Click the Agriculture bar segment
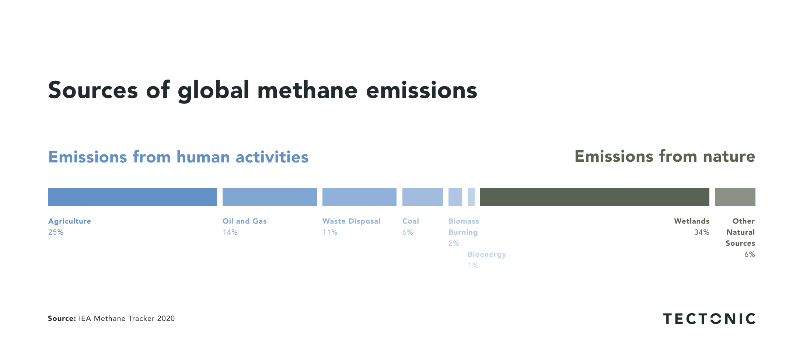[132, 197]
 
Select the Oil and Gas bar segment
[269, 197]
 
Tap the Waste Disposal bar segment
[359, 197]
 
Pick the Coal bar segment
[422, 197]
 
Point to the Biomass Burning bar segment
[455, 197]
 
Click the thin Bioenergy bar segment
[471, 197]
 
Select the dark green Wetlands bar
[594, 197]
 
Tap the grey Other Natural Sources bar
[735, 197]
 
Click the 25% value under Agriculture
[56, 232]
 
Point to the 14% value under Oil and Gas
[230, 232]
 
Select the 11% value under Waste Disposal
[330, 232]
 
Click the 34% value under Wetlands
[702, 232]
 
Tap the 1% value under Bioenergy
[473, 266]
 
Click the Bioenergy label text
[487, 255]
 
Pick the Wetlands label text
[691, 221]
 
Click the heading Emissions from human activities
[178, 157]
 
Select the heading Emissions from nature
[665, 156]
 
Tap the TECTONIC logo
[709, 319]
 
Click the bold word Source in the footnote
[62, 319]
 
